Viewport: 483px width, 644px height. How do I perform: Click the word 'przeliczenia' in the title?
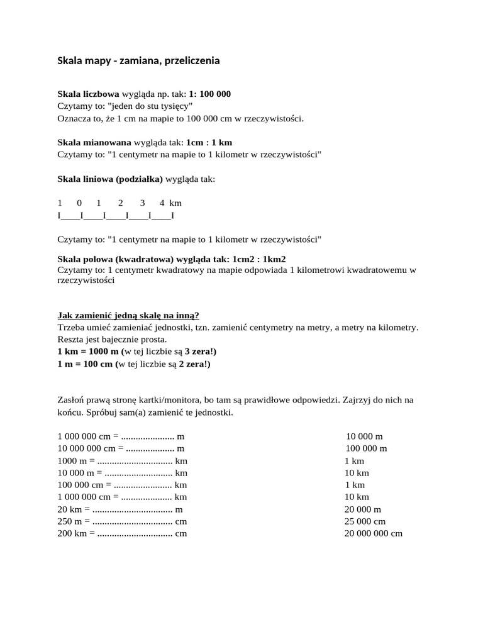tap(188, 61)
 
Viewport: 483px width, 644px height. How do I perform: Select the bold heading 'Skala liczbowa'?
tap(88, 94)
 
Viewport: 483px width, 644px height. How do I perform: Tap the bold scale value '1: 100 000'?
tap(209, 94)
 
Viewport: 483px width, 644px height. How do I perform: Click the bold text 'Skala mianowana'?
tap(94, 142)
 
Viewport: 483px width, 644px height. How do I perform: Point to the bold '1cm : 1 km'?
tap(209, 142)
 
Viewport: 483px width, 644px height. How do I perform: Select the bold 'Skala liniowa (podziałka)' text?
tap(110, 179)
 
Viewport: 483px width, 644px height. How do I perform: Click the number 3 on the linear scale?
tap(143, 203)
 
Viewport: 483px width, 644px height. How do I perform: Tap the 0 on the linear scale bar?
tap(79, 203)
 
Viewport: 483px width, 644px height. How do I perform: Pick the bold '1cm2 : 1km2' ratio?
tap(259, 259)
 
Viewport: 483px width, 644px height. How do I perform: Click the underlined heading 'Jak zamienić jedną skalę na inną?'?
tap(128, 315)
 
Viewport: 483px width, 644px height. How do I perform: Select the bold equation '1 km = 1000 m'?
tap(88, 352)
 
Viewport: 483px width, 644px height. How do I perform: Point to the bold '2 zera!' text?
tap(194, 364)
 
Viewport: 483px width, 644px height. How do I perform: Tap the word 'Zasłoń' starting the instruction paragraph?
tap(71, 400)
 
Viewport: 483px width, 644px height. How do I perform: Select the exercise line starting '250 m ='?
tap(123, 521)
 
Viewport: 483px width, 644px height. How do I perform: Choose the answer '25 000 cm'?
tap(365, 521)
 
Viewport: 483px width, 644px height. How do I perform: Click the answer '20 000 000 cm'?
tap(373, 533)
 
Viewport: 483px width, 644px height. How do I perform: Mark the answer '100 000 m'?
tap(366, 448)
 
